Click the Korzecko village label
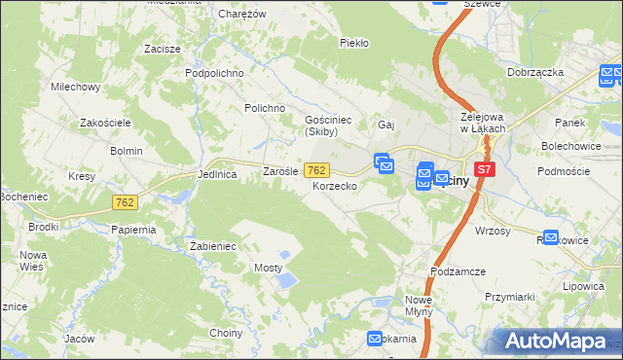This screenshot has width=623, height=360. [335, 185]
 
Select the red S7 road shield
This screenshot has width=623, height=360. [486, 168]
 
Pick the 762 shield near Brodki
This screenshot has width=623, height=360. [124, 202]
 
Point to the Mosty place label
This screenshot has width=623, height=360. [268, 267]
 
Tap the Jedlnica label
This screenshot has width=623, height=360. [217, 174]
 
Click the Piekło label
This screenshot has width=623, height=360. [352, 43]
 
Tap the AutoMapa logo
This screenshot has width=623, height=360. [558, 341]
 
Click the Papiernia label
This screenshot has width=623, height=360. [133, 230]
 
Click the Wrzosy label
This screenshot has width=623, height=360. [493, 231]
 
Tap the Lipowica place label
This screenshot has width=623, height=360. [584, 289]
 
